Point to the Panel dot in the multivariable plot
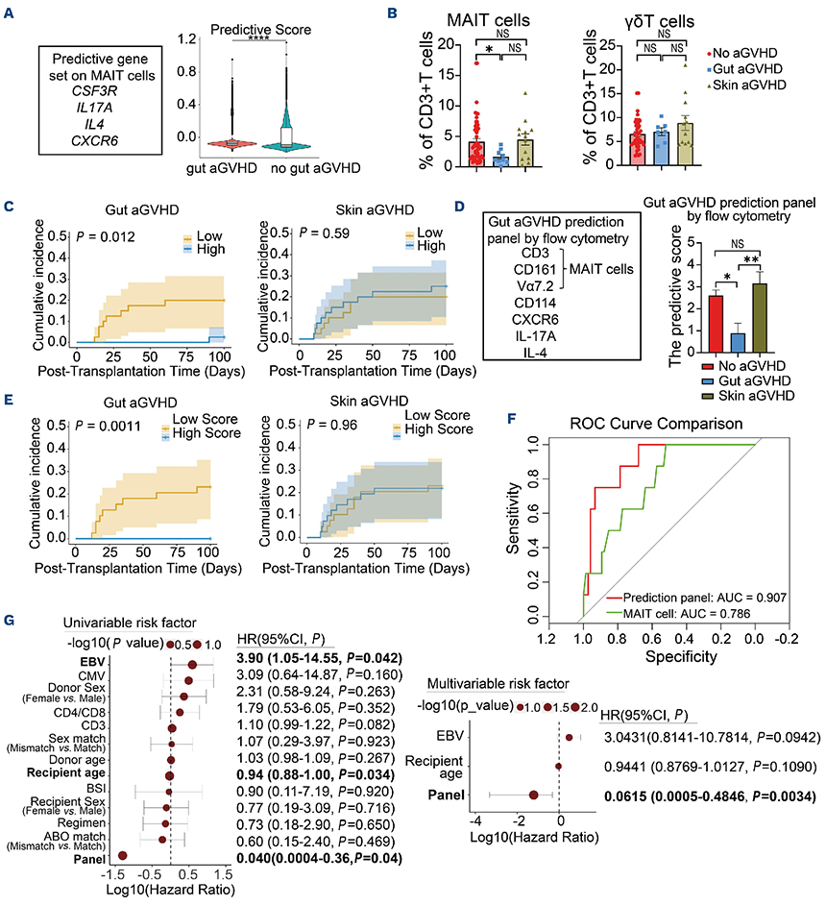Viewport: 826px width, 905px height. (x=534, y=795)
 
